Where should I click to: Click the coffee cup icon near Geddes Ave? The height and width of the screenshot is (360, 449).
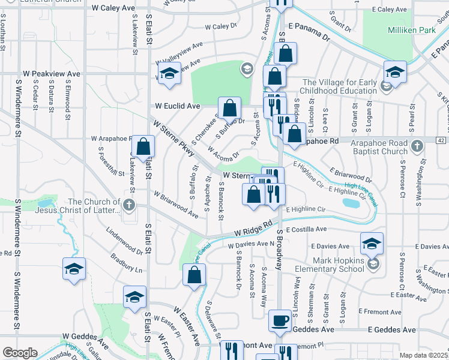pyautogui.click(x=280, y=320)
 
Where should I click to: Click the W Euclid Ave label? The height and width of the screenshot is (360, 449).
pyautogui.click(x=177, y=106)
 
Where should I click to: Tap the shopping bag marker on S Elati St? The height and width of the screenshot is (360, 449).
pyautogui.click(x=143, y=146)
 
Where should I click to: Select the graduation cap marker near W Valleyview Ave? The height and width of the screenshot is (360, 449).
pyautogui.click(x=169, y=74)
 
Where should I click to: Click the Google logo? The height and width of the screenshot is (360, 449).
pyautogui.click(x=20, y=353)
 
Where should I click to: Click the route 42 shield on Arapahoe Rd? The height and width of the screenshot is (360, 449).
pyautogui.click(x=441, y=140)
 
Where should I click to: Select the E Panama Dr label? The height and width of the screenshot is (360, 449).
pyautogui.click(x=309, y=32)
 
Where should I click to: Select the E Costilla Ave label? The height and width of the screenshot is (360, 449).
pyautogui.click(x=306, y=229)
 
